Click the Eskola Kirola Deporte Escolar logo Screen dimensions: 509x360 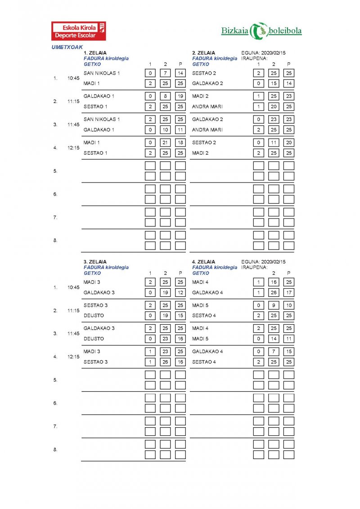(79, 31)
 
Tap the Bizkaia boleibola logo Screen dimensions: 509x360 (261, 31)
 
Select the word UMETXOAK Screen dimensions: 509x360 (67, 47)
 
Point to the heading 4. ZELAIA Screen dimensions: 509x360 (204, 262)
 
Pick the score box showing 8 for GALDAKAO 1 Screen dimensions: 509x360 (165, 96)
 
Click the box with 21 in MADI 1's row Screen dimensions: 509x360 (165, 143)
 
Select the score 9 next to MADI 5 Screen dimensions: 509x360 (274, 305)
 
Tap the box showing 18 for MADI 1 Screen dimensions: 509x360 (180, 143)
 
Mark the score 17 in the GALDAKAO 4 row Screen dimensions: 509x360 (288, 293)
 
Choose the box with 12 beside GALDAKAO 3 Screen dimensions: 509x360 (180, 293)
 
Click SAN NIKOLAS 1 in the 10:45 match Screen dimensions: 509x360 (102, 73)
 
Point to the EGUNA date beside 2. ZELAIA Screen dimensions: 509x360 (263, 53)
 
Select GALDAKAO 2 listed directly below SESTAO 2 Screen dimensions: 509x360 (207, 83)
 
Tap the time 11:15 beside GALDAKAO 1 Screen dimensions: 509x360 (73, 102)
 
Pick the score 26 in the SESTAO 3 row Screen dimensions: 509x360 (165, 362)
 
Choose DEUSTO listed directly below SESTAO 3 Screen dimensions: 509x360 (94, 316)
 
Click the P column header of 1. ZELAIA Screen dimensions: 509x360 (180, 64)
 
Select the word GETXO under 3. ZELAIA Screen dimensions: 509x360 (92, 273)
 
